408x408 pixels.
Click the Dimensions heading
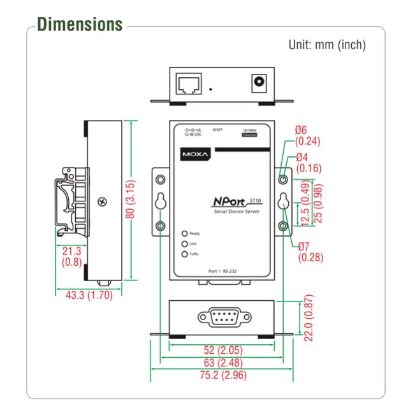(x=80, y=24)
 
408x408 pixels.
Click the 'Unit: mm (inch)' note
(x=327, y=46)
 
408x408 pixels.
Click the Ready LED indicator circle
(x=185, y=234)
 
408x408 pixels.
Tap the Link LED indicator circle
(x=185, y=244)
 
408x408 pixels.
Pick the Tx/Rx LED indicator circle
(x=185, y=254)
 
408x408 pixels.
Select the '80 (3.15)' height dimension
(x=130, y=199)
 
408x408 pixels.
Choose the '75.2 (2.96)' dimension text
(x=221, y=375)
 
